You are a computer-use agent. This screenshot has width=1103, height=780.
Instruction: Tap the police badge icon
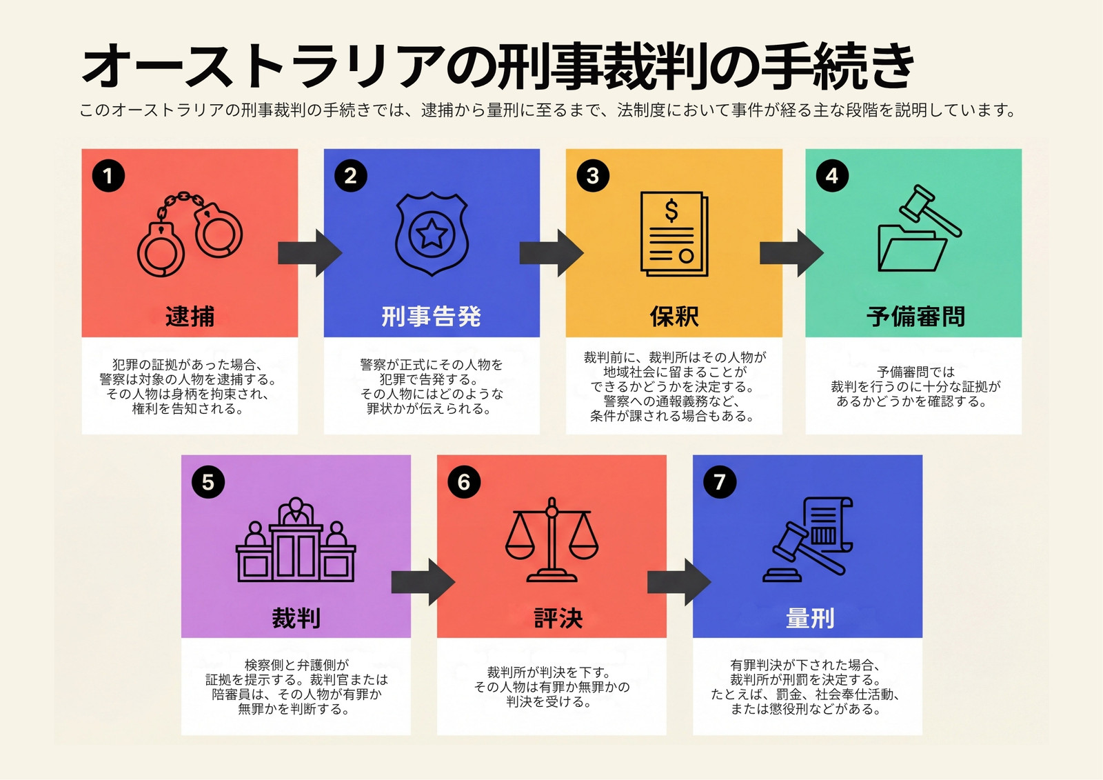(x=432, y=234)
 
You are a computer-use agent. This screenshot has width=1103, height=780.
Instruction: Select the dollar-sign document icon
(x=674, y=234)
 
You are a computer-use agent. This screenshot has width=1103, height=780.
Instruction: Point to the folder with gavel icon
(x=919, y=228)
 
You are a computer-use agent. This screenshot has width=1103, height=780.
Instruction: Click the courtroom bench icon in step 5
(x=296, y=539)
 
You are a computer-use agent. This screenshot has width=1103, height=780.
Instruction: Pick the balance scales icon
(x=551, y=539)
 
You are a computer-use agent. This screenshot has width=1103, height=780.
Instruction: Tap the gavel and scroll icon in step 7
(x=807, y=539)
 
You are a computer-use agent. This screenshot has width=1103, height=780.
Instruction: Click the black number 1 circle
(x=108, y=176)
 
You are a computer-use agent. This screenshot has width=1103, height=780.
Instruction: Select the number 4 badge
(x=832, y=176)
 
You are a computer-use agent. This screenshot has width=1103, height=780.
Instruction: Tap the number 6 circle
(x=464, y=482)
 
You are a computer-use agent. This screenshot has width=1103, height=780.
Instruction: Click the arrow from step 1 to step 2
(x=310, y=253)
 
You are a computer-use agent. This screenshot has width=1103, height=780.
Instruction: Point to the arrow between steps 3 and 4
(x=792, y=253)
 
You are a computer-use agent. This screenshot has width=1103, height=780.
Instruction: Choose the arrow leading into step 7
(x=679, y=582)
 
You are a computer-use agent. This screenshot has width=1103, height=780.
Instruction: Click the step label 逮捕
(x=190, y=317)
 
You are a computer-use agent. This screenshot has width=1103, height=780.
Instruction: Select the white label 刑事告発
(x=432, y=317)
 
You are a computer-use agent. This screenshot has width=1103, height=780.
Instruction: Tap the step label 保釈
(x=674, y=317)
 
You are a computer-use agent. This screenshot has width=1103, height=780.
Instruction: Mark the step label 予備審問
(x=915, y=317)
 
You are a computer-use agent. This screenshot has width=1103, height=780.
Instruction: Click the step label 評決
(x=558, y=618)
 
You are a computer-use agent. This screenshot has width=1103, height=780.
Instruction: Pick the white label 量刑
(x=810, y=618)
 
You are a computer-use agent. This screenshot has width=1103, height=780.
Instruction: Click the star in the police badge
(x=432, y=234)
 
